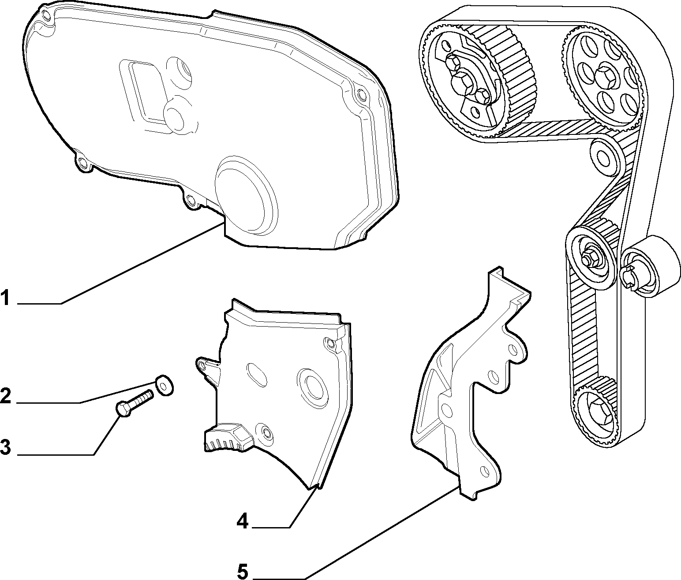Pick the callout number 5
tap(243, 572)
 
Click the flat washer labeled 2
tap(164, 385)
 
